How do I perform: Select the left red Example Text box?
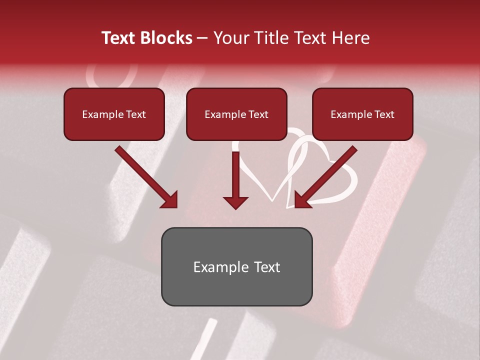[x=114, y=114]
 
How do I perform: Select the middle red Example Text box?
[x=236, y=114]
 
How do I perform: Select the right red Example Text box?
[x=362, y=114]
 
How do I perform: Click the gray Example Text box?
[x=236, y=266]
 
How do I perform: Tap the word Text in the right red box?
[x=384, y=114]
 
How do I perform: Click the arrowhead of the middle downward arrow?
[x=235, y=202]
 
